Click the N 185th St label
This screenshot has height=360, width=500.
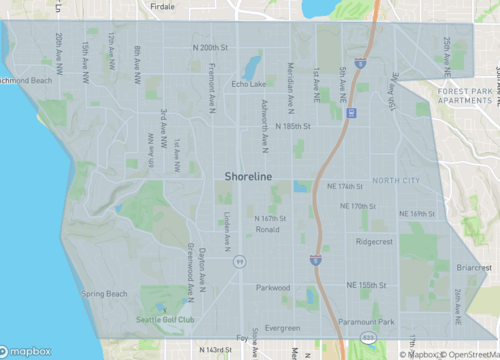pos(293,127)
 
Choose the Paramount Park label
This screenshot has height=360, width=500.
pos(367,322)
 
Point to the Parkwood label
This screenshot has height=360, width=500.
pos(272,288)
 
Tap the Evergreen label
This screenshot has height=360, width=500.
pos(283,328)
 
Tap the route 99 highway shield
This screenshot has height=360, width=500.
pos(239,262)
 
